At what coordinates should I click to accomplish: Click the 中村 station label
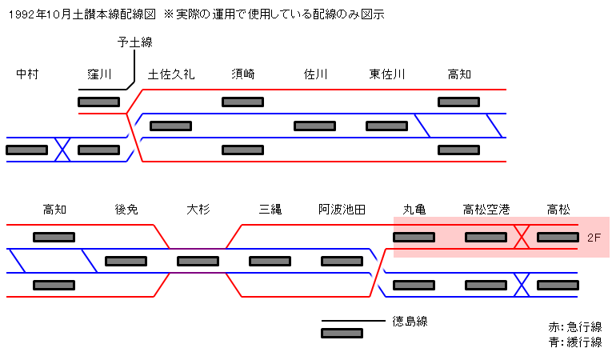pyautogui.click(x=27, y=74)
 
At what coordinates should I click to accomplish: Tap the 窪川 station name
pyautogui.click(x=99, y=74)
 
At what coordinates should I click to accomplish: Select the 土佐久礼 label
pyautogui.click(x=171, y=74)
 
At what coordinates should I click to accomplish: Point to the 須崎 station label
pyautogui.click(x=242, y=74)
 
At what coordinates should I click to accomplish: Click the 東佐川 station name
pyautogui.click(x=387, y=74)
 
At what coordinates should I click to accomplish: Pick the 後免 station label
pyautogui.click(x=126, y=210)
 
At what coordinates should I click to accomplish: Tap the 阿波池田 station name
pyautogui.click(x=342, y=210)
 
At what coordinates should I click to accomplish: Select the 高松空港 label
pyautogui.click(x=486, y=210)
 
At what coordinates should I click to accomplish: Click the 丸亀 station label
pyautogui.click(x=414, y=210)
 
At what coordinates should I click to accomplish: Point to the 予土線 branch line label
pyautogui.click(x=135, y=42)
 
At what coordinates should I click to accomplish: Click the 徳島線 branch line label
pyautogui.click(x=410, y=322)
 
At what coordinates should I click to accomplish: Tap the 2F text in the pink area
pyautogui.click(x=594, y=238)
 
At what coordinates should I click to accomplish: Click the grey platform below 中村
pyautogui.click(x=26, y=150)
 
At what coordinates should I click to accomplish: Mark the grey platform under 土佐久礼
pyautogui.click(x=170, y=126)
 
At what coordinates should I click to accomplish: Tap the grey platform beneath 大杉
pyautogui.click(x=198, y=261)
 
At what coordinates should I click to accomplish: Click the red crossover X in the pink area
pyautogui.click(x=522, y=237)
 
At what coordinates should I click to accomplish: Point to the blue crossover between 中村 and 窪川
pyautogui.click(x=62, y=150)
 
